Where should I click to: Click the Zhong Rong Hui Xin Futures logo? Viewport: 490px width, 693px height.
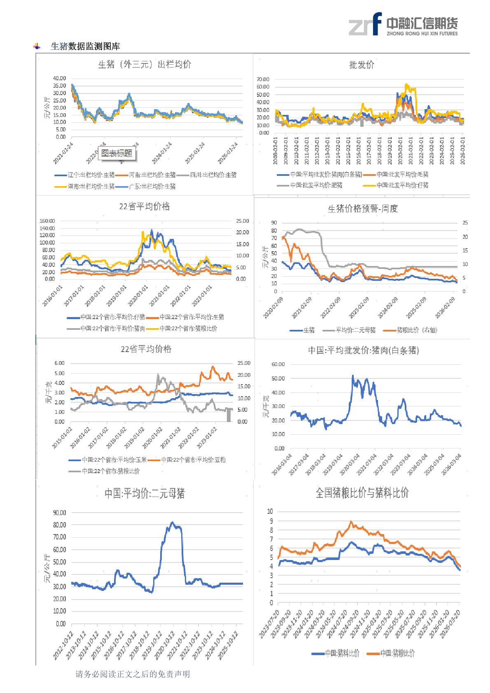click(x=403, y=24)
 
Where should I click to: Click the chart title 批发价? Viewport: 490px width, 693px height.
click(x=362, y=65)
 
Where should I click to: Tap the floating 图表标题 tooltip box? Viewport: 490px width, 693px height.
click(x=117, y=153)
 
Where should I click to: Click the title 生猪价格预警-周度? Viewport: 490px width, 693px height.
click(x=362, y=209)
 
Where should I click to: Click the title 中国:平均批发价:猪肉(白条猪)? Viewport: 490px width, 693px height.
click(x=364, y=350)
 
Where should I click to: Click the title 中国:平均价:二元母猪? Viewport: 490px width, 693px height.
click(x=144, y=493)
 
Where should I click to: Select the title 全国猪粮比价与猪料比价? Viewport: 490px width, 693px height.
click(x=362, y=493)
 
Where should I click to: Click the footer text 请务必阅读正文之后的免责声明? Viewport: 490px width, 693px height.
click(x=133, y=674)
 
